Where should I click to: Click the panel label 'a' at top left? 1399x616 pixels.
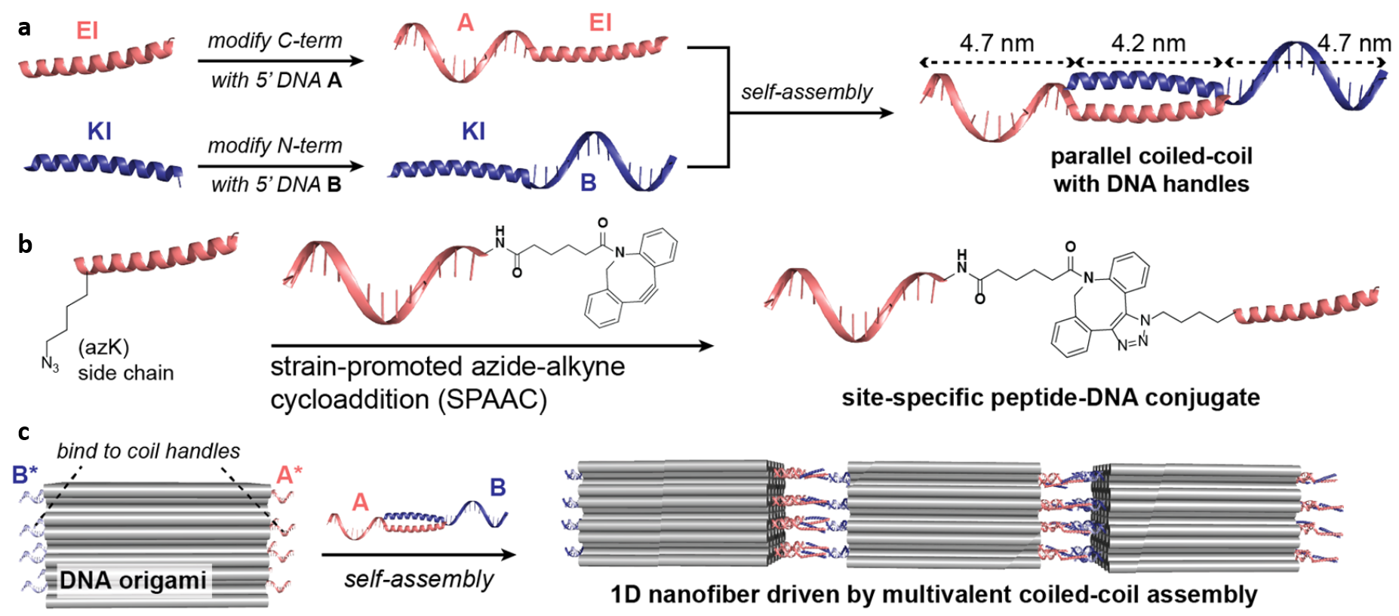[x=25, y=29]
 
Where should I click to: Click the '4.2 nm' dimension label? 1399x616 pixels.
[x=1148, y=43]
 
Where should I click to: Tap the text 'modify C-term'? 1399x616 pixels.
[x=275, y=41]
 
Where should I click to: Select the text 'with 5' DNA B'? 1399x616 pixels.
[x=276, y=184]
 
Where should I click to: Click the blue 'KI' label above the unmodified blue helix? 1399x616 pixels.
[x=99, y=131]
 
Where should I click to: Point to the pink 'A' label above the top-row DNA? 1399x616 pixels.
[x=466, y=23]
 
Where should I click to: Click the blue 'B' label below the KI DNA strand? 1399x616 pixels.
[x=588, y=183]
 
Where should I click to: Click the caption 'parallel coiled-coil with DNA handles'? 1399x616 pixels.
[x=1151, y=170]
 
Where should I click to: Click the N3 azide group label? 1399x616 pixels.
[x=51, y=365]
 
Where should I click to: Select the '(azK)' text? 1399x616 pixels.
[x=103, y=348]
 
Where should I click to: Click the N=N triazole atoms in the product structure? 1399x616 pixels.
[x=1133, y=343]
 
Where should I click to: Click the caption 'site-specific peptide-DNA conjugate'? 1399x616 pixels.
[x=1050, y=397]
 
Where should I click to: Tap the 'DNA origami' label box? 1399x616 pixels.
[x=133, y=580]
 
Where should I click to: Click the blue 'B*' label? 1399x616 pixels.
[x=25, y=475]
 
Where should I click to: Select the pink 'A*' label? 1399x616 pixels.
[x=289, y=475]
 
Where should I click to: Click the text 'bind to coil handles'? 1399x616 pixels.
[x=149, y=451]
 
